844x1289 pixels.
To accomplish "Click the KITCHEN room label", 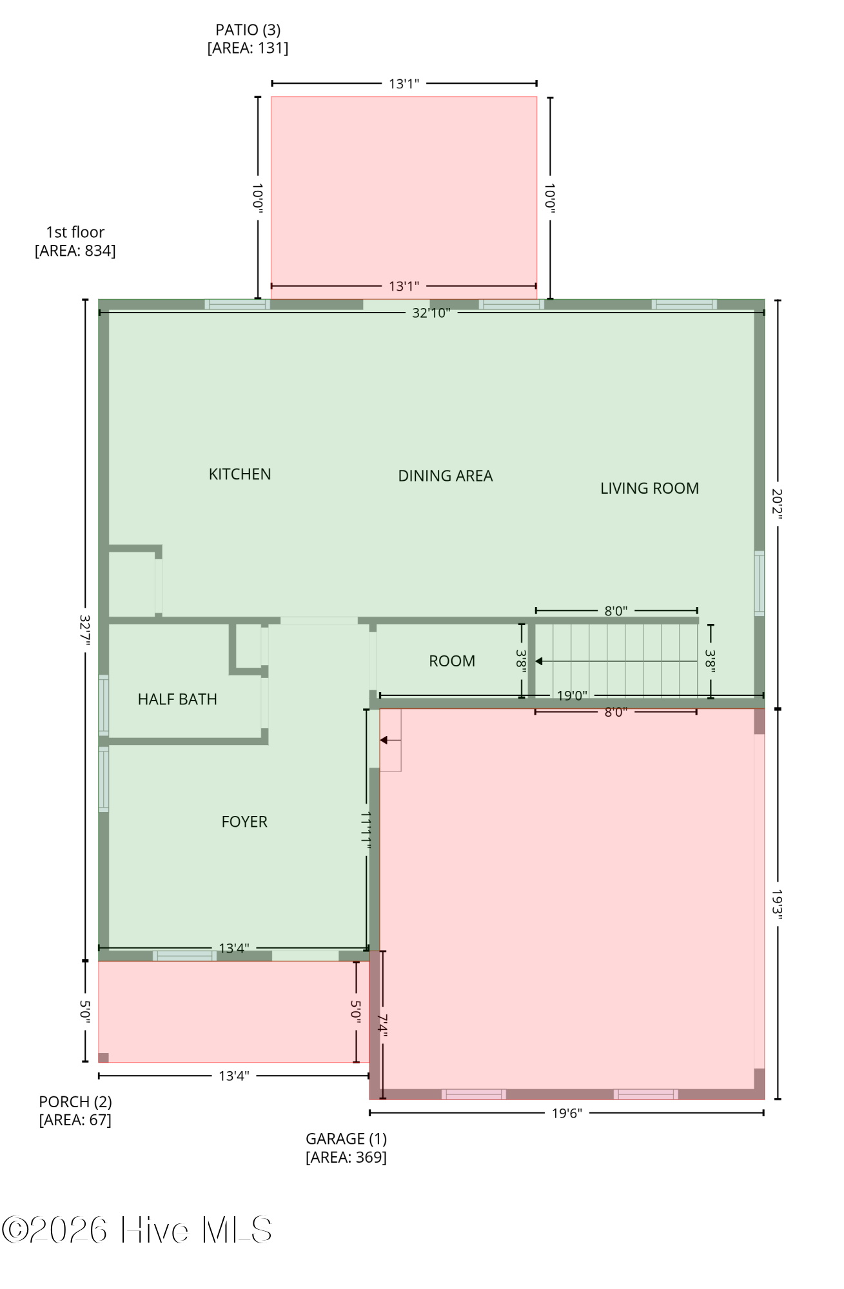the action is point(240,474).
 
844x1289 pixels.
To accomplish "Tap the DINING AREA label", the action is point(446,476).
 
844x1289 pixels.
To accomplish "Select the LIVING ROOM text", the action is point(650,489).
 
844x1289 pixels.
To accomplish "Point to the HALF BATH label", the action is point(177,699).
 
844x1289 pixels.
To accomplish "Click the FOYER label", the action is point(244,822).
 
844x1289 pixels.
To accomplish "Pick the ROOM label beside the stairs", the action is point(452,661).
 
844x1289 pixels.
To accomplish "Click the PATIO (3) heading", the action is point(248,30).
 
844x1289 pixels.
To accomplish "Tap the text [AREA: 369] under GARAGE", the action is point(346,1157).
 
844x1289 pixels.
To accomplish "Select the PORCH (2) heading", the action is point(75,1101).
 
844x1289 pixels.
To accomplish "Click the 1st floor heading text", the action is point(75,232).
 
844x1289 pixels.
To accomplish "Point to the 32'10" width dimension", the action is point(431,313).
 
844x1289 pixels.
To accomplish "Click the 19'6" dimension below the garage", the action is point(567,1113).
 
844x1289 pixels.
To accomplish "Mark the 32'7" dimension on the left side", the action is point(85,630).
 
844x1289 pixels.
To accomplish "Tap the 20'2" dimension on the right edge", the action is point(778,504).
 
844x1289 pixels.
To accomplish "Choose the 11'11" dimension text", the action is point(366,830).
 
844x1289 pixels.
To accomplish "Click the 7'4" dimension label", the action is point(382,1025).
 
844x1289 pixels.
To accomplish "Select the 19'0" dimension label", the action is point(573,695).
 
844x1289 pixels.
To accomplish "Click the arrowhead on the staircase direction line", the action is point(539,661).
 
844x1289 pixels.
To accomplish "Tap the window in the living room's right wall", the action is point(760,583).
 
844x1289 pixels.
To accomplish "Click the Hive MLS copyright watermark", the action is point(137,1230).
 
